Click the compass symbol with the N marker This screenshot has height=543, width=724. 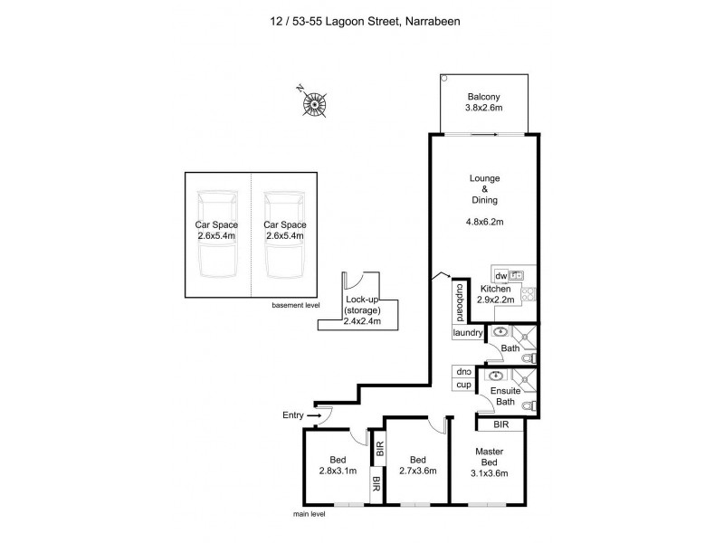click(314, 105)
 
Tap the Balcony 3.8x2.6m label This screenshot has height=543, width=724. click(484, 102)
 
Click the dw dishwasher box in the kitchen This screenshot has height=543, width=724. click(500, 274)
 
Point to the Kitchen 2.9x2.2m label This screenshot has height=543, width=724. click(496, 294)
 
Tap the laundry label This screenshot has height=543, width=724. click(468, 333)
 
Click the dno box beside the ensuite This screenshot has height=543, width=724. click(463, 372)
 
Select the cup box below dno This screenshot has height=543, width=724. click(463, 385)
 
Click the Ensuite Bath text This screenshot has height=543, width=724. click(505, 396)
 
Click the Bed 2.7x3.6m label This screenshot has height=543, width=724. click(417, 464)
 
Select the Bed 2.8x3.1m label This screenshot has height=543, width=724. click(337, 465)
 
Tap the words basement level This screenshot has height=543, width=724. click(297, 305)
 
